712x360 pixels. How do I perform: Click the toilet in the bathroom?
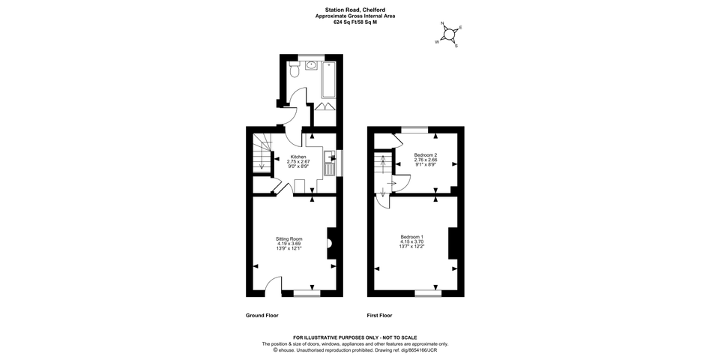tap(295, 70)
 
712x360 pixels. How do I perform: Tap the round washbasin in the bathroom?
tap(312, 65)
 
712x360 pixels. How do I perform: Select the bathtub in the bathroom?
tap(328, 79)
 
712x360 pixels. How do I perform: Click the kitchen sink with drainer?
tap(329, 162)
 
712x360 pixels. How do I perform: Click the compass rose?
tap(449, 34)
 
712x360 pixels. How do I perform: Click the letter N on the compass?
tap(442, 24)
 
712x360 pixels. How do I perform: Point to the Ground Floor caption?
tap(262, 316)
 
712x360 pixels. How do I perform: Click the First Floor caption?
tap(380, 316)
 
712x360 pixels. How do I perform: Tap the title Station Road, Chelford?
tap(355, 9)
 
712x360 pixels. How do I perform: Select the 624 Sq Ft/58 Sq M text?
tap(355, 22)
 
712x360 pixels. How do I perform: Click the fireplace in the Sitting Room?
tap(330, 243)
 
